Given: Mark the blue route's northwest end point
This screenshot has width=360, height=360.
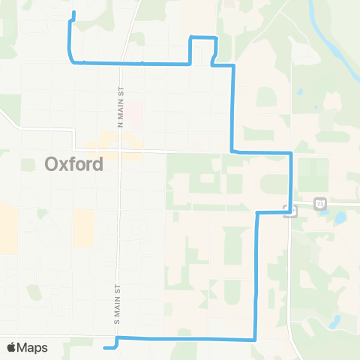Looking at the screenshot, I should pyautogui.click(x=73, y=13).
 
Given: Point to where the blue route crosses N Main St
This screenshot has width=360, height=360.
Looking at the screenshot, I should pyautogui.click(x=120, y=64).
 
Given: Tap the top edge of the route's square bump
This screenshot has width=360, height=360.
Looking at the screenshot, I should pyautogui.click(x=203, y=37).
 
